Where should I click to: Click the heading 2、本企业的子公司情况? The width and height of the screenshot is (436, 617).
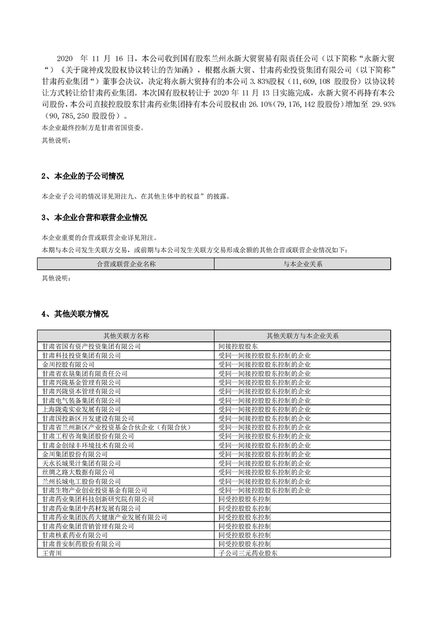coord(82,177)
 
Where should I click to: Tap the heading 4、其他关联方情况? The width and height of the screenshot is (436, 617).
coord(75,314)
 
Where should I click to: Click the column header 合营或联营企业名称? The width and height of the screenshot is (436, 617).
coord(126,264)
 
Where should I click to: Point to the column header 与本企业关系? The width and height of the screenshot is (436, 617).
coord(302,264)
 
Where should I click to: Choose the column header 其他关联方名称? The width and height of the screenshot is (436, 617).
coord(126,335)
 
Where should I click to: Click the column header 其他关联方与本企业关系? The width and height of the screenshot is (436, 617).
coord(302,335)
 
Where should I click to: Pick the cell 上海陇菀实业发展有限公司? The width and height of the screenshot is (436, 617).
coord(81,409)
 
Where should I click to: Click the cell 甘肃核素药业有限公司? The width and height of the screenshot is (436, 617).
coord(75,535)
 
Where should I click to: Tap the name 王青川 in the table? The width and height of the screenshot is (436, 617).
coord(51,553)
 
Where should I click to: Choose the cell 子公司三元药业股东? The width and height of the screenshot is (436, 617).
coord(248,553)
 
